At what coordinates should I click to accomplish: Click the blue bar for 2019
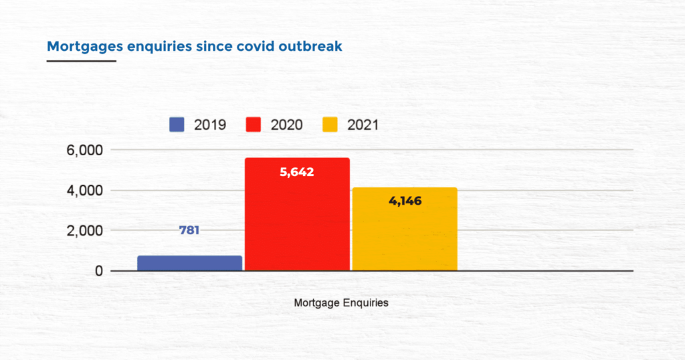(190, 263)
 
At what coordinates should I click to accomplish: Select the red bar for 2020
(297, 214)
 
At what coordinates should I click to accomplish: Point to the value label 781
(189, 230)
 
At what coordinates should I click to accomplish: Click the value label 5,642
(297, 172)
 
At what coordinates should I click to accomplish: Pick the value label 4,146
(405, 201)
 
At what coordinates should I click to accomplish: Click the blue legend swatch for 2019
(177, 124)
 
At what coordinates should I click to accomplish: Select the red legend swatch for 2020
(254, 124)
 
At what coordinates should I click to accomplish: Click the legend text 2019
(210, 124)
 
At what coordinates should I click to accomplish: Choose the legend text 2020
(287, 124)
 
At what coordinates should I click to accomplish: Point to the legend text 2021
(363, 124)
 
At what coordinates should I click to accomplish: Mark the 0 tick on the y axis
(98, 271)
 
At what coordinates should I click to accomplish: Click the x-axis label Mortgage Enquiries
(341, 302)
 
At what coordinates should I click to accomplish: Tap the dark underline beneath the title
(81, 61)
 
